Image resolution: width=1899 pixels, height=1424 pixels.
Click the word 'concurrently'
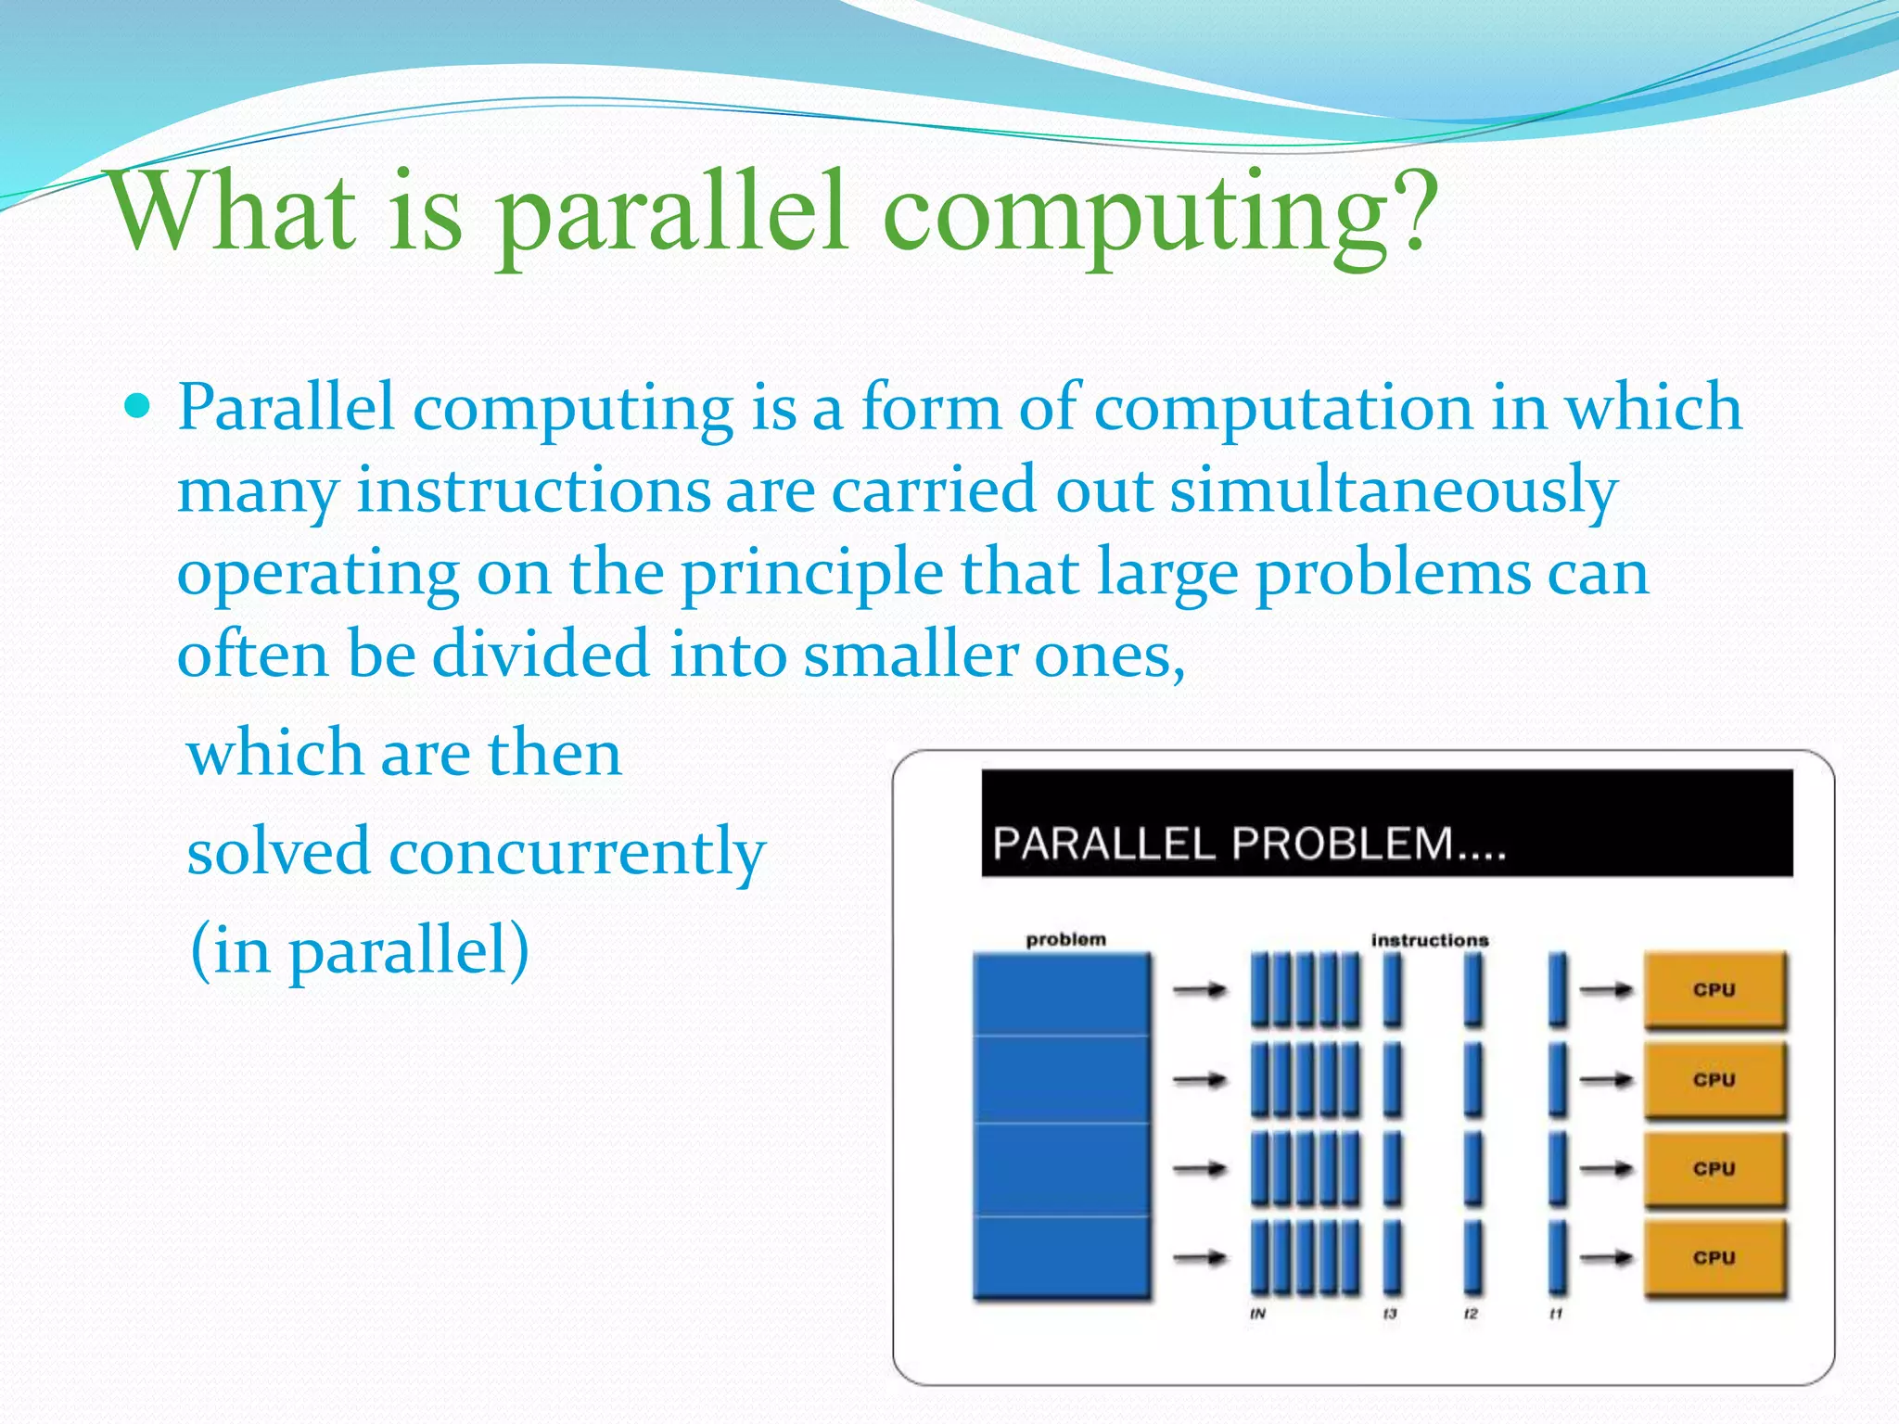click(577, 852)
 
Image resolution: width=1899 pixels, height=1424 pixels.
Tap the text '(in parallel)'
click(360, 950)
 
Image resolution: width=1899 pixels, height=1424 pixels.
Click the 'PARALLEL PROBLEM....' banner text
click(1248, 844)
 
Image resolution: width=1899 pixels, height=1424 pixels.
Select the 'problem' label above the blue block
click(1065, 939)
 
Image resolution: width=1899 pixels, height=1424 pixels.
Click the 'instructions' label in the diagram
click(1429, 940)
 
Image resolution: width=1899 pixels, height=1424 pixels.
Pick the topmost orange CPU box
click(1714, 990)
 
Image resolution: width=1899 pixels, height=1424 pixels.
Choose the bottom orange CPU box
click(1714, 1258)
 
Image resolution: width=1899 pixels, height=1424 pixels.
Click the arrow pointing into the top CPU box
click(1606, 991)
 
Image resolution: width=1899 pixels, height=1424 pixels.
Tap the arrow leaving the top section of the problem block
click(1200, 991)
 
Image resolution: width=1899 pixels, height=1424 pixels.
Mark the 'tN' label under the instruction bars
click(1257, 1314)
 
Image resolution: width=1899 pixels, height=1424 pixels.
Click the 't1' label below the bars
click(1555, 1314)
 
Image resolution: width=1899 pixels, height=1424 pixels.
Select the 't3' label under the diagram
click(1389, 1314)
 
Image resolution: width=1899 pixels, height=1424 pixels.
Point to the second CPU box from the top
click(1714, 1080)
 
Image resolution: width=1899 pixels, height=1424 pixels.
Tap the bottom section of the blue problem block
click(1062, 1256)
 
